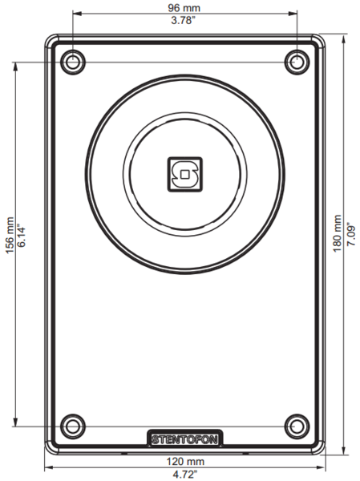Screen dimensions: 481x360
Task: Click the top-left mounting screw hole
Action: point(73,62)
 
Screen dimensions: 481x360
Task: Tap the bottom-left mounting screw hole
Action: point(73,425)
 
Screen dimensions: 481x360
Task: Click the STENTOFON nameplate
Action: point(186,439)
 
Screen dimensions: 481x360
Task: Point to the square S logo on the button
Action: point(185,173)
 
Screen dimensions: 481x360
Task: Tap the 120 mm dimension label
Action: point(184,462)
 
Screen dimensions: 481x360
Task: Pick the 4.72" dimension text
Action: point(184,475)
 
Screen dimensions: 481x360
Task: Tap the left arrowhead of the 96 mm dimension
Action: point(76,14)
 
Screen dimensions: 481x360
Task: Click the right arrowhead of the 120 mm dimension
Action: point(323,467)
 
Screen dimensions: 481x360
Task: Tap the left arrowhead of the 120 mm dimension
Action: point(47,467)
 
